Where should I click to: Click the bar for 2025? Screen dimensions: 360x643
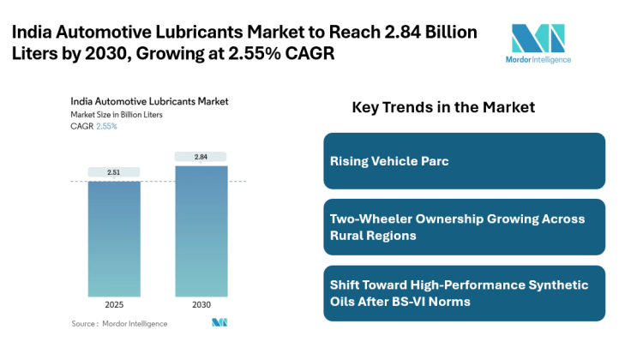(114, 239)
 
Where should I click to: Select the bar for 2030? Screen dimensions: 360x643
(201, 231)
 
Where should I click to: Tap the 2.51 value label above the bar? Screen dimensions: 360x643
(114, 172)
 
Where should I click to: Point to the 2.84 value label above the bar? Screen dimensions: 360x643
(201, 157)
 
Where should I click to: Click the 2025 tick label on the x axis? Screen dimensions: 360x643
(114, 305)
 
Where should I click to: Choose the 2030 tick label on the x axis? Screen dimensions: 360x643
(201, 305)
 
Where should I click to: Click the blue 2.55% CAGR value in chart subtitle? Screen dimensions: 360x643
(106, 126)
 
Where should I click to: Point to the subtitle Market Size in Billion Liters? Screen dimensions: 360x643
(117, 114)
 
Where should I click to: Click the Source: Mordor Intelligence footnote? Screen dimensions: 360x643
(120, 323)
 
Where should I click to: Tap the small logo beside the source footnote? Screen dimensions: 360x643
(219, 323)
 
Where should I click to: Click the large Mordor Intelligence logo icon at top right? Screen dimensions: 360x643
(538, 39)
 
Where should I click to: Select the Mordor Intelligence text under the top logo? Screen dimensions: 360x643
(538, 60)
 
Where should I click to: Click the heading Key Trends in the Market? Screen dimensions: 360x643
(443, 108)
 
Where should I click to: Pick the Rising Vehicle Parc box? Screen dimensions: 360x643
(464, 161)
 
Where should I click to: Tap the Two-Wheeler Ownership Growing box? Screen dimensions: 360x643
(464, 227)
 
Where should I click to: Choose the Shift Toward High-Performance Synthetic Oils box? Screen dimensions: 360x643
(464, 293)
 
